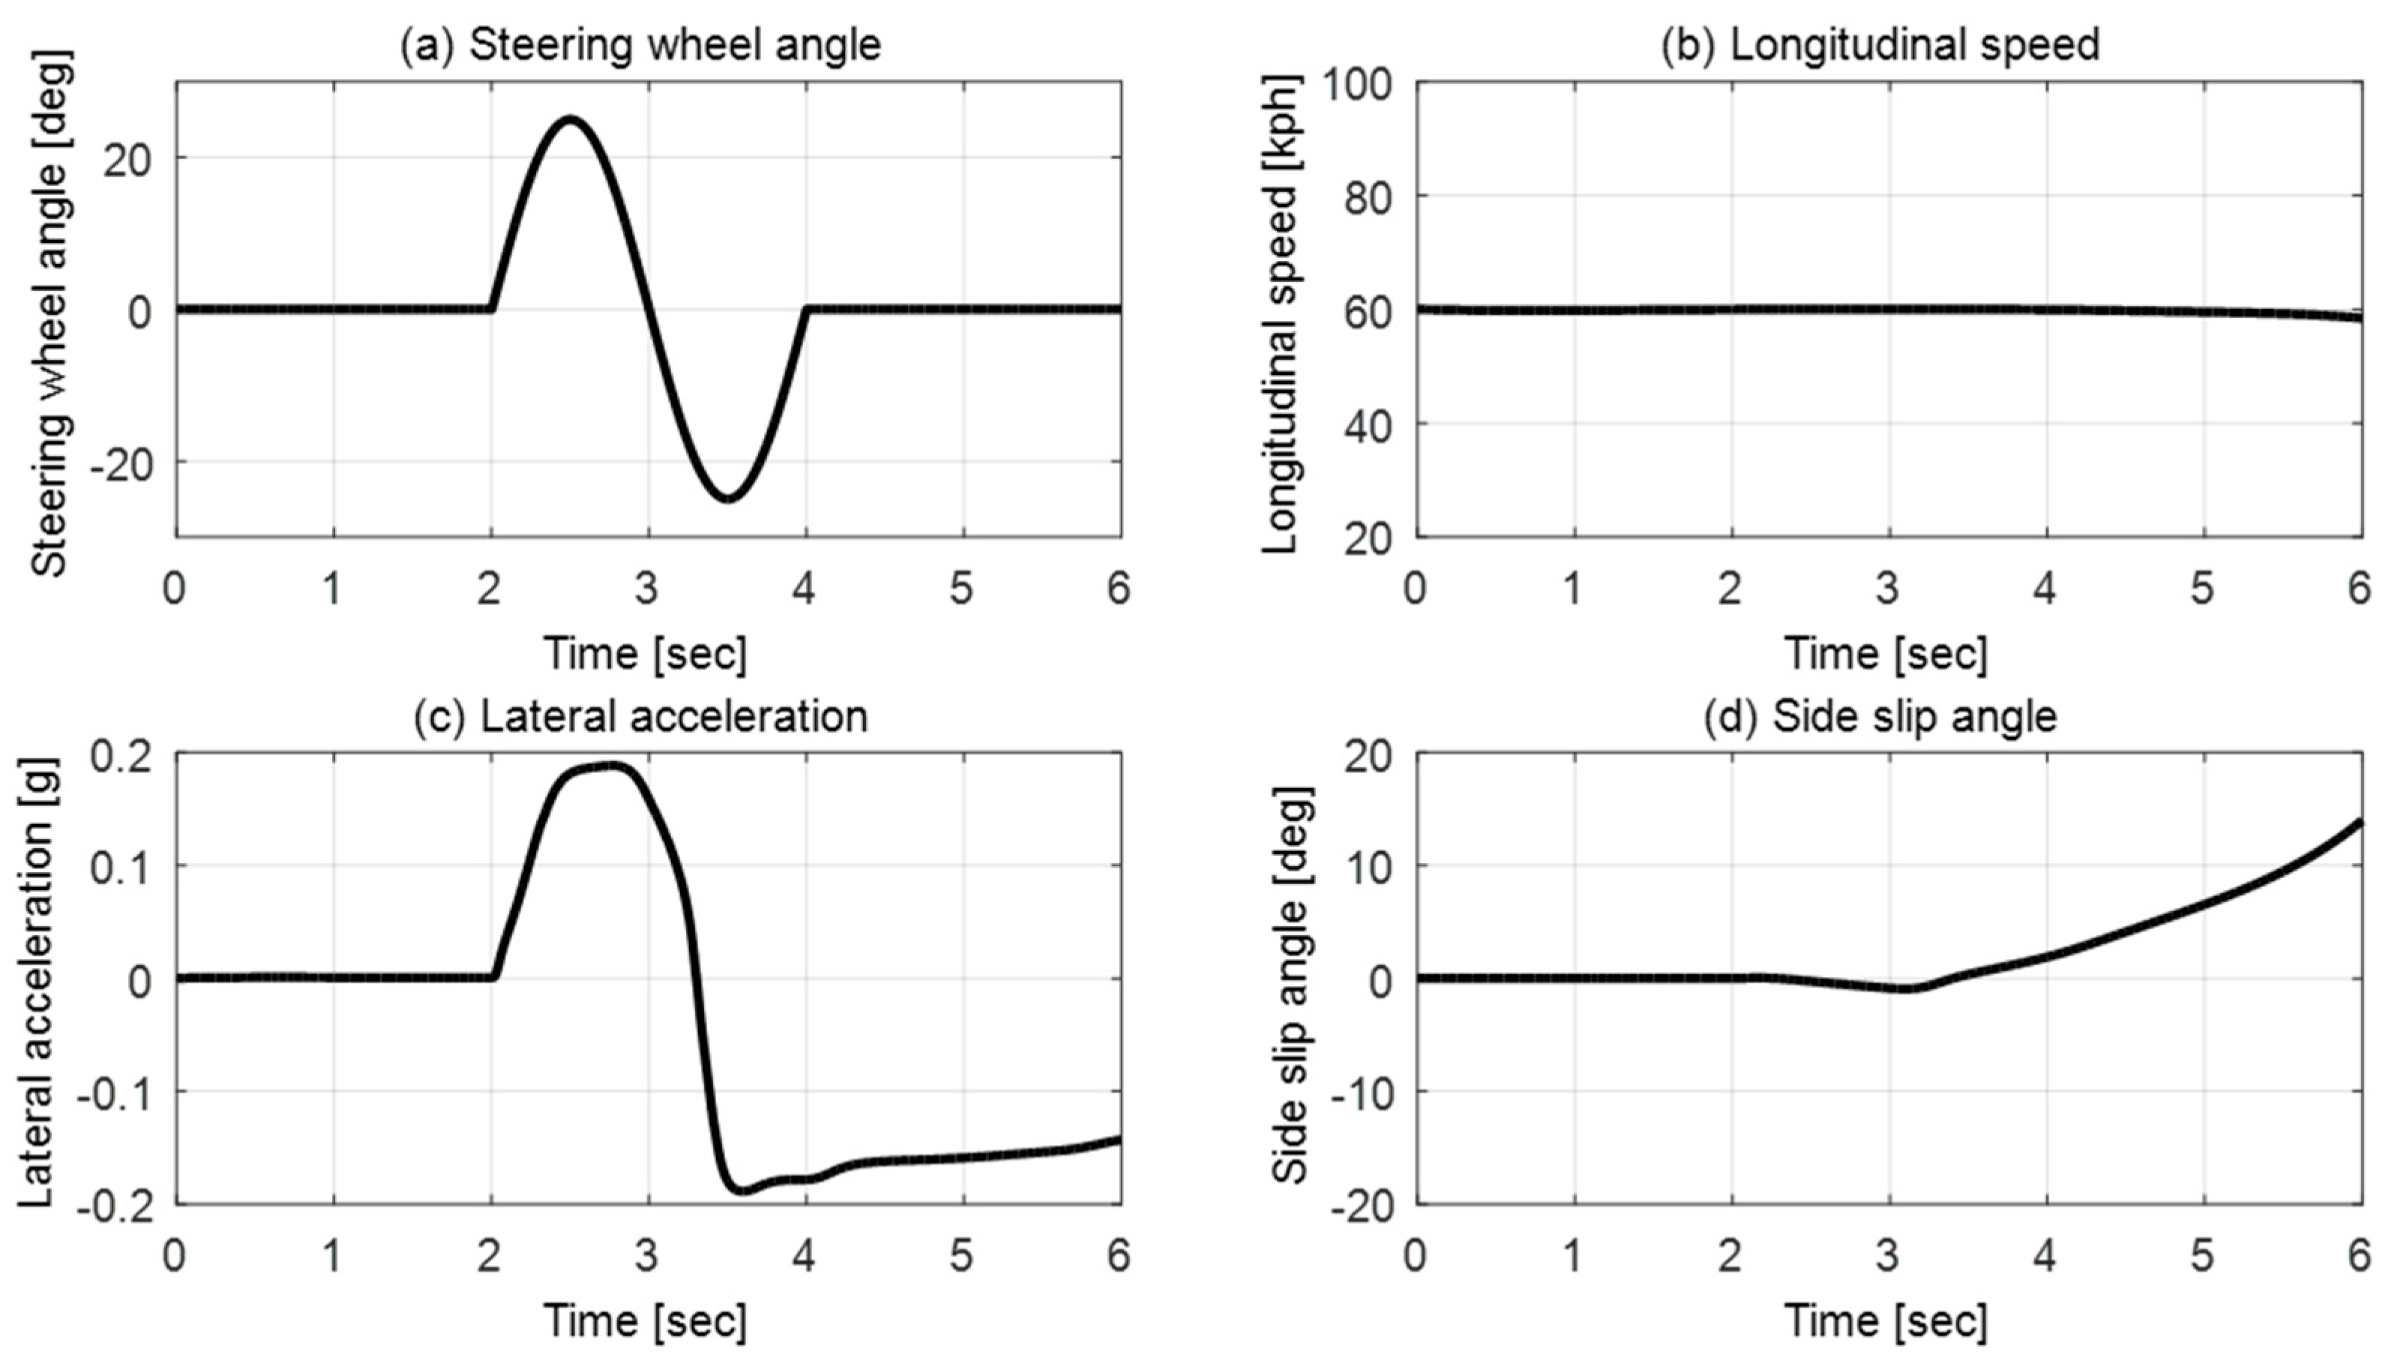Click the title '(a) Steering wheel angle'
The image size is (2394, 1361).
640,45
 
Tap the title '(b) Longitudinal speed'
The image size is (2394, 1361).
1880,45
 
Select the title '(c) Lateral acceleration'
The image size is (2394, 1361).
640,716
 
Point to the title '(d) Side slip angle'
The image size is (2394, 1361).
1880,716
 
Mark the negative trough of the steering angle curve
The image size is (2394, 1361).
728,497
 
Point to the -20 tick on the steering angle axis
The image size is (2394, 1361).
120,463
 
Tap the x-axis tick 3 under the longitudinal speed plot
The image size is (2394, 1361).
1889,589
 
